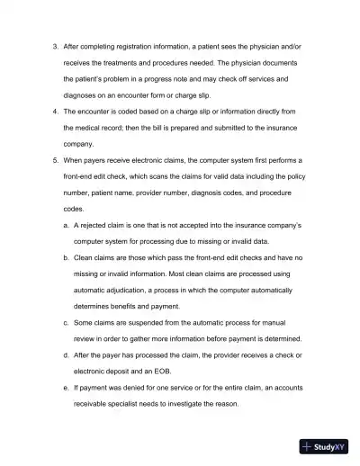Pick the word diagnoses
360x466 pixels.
pyautogui.click(x=82, y=95)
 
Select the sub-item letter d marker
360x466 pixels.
pyautogui.click(x=65, y=354)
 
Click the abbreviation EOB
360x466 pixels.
pyautogui.click(x=175, y=371)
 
